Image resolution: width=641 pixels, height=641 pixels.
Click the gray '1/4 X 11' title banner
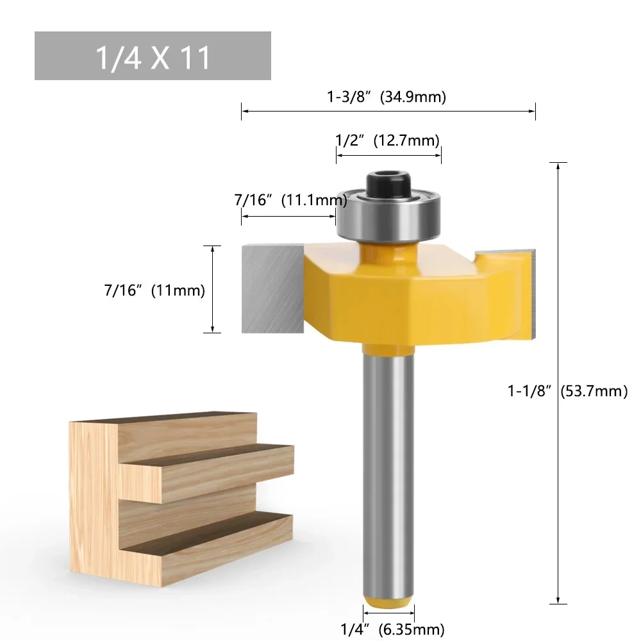[x=153, y=56]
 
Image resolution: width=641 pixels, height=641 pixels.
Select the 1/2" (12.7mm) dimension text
[x=388, y=140]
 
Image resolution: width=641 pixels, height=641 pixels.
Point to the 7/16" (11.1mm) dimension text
[x=290, y=200]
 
